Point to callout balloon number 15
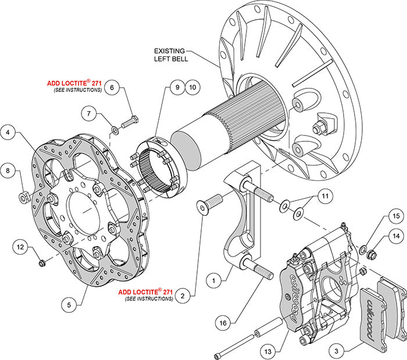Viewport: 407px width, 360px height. (x=395, y=216)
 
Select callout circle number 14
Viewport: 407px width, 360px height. (x=395, y=237)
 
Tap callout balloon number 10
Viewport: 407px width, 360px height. (x=192, y=88)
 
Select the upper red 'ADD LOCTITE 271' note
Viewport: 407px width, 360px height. (x=74, y=83)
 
